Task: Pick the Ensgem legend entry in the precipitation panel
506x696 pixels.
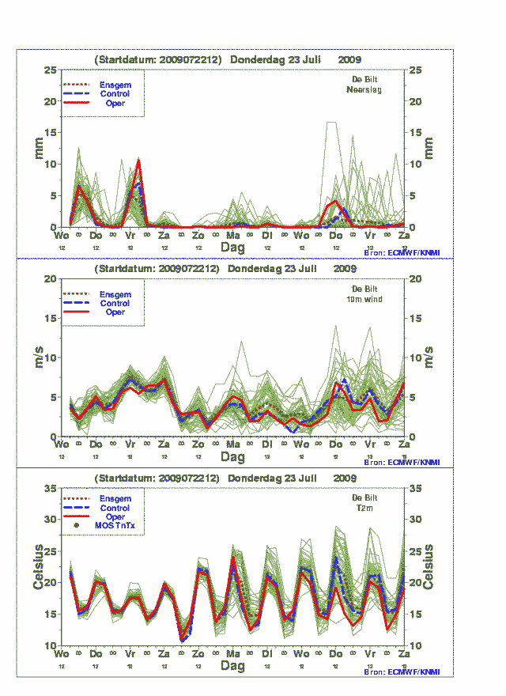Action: [115, 85]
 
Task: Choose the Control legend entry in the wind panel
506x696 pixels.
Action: [115, 304]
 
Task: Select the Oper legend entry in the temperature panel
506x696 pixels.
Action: [115, 516]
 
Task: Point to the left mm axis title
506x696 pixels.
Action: [38, 148]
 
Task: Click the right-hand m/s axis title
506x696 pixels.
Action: [430, 357]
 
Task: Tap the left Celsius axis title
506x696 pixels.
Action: [38, 567]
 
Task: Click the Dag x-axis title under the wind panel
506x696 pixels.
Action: [232, 457]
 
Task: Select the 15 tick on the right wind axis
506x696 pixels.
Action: [412, 319]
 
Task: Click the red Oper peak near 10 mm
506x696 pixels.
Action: [139, 161]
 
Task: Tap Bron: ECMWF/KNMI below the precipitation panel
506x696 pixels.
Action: [402, 252]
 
